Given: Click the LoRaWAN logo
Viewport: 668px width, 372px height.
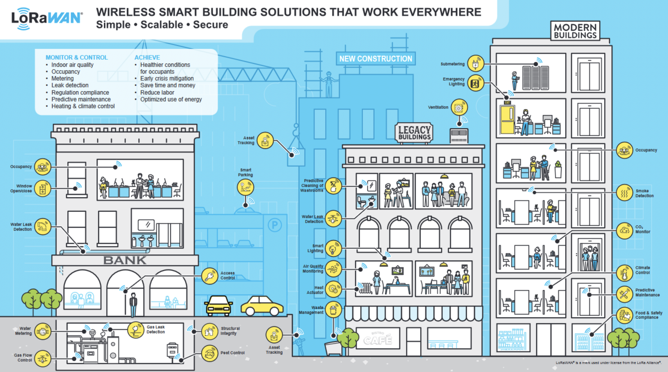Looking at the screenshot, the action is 47,18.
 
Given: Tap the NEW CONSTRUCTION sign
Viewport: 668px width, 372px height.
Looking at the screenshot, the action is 376,59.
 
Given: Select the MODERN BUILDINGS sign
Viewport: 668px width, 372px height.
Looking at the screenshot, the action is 575,31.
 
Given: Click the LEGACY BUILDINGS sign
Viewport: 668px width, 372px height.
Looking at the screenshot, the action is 414,133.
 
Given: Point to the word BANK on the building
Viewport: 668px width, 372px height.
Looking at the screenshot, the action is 125,260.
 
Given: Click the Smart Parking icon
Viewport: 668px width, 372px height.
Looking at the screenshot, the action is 245,187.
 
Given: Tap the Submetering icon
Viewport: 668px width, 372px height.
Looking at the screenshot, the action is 476,64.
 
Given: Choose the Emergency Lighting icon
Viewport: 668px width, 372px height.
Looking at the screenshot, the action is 476,83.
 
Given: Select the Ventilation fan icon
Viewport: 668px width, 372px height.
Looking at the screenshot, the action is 459,107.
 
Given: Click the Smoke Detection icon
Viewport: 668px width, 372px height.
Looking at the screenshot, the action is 625,193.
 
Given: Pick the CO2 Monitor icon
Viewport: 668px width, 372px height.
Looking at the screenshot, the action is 625,231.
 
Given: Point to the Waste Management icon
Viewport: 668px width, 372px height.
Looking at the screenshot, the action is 333,310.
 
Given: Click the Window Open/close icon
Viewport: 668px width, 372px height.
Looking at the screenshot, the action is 43,189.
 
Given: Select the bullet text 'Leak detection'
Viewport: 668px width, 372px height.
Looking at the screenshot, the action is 70,85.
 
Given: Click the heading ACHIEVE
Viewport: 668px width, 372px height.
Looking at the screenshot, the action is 147,57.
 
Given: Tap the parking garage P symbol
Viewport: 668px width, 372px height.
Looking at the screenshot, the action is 275,225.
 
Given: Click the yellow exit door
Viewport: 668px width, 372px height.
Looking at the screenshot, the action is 507,119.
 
